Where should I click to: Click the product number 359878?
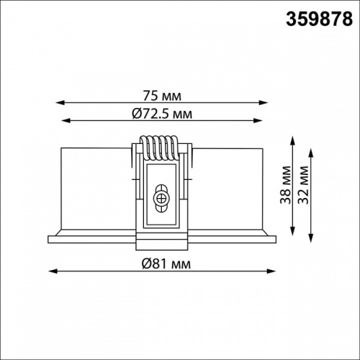pos(319,19)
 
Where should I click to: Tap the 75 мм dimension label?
pos(162,96)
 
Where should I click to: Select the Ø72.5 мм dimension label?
pos(162,113)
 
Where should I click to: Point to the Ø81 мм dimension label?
pos(166,264)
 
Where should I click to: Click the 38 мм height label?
pos(286,185)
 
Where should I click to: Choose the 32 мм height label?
pos(303,185)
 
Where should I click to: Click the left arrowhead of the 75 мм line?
pos(60,103)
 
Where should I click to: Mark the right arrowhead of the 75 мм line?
pos(263,103)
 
